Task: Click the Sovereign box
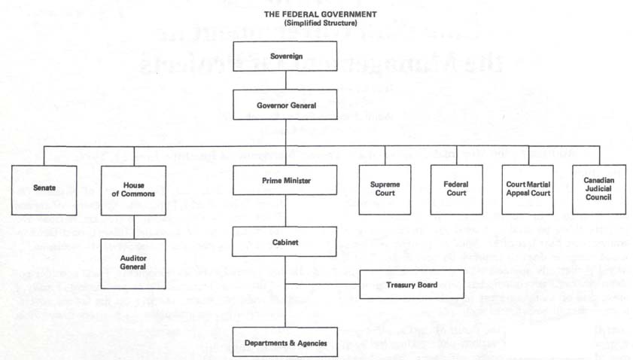[285, 56]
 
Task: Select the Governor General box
[285, 105]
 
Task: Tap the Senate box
[44, 190]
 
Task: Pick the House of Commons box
[133, 190]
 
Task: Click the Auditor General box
[133, 264]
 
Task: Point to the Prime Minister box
[285, 180]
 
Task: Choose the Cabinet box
[285, 242]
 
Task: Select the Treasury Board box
[412, 285]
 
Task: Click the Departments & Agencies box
[285, 342]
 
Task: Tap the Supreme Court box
[385, 190]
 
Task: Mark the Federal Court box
[457, 190]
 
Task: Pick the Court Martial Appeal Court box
[528, 190]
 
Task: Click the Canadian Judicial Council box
[599, 189]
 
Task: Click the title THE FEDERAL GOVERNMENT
[321, 14]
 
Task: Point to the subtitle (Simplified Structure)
[321, 23]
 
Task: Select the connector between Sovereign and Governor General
[286, 81]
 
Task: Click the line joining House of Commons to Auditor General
[134, 227]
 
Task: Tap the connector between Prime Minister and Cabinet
[285, 211]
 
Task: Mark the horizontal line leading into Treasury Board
[323, 284]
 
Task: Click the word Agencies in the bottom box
[312, 343]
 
